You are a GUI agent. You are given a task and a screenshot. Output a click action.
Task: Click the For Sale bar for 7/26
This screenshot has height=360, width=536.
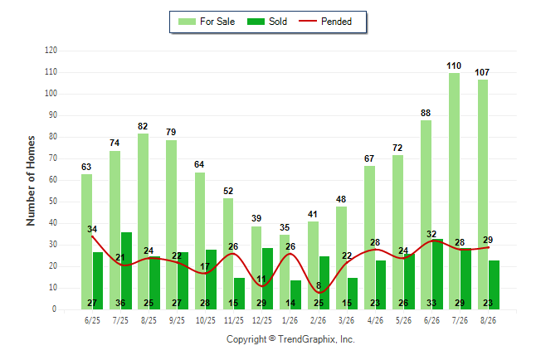pyautogui.click(x=455, y=191)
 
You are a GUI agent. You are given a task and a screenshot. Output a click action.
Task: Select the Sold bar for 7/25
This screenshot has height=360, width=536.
pyautogui.click(x=126, y=270)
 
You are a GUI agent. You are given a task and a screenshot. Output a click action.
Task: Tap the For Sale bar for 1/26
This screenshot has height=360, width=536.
pyautogui.click(x=285, y=272)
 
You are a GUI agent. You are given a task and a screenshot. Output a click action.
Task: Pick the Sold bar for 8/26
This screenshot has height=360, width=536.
pyautogui.click(x=494, y=285)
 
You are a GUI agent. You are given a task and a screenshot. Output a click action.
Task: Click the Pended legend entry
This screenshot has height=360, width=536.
pyautogui.click(x=325, y=22)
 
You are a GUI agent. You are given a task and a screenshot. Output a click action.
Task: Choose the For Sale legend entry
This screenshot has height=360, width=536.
pyautogui.click(x=207, y=22)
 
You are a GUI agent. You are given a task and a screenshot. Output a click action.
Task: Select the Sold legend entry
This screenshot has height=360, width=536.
pyautogui.click(x=267, y=22)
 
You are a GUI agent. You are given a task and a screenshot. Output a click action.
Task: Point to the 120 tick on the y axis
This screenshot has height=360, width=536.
pyautogui.click(x=51, y=51)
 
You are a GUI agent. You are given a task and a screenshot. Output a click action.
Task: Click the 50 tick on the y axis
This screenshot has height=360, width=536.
pyautogui.click(x=52, y=202)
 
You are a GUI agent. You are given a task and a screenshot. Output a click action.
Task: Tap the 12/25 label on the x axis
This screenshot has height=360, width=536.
pyautogui.click(x=262, y=320)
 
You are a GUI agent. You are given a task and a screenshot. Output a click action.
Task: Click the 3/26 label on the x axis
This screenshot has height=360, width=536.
pyautogui.click(x=346, y=320)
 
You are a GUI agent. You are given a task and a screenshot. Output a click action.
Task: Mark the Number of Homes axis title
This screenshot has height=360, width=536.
pyautogui.click(x=31, y=181)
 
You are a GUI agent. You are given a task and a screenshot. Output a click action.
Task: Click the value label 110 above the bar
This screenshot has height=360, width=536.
pyautogui.click(x=454, y=66)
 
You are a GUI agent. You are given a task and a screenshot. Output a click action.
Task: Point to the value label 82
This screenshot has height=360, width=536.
pyautogui.click(x=143, y=126)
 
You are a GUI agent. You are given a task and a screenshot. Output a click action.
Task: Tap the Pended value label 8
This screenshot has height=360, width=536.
pyautogui.click(x=319, y=285)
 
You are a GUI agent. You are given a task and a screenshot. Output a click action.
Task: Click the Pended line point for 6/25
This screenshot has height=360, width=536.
pyautogui.click(x=92, y=236)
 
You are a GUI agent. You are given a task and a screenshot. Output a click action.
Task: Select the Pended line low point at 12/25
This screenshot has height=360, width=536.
pyautogui.click(x=262, y=286)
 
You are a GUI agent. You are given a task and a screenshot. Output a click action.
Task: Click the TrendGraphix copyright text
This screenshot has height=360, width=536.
pyautogui.click(x=290, y=339)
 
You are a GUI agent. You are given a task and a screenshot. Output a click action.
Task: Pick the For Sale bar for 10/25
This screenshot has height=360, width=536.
pyautogui.click(x=200, y=241)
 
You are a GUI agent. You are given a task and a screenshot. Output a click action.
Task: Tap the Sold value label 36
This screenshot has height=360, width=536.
pyautogui.click(x=120, y=303)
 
